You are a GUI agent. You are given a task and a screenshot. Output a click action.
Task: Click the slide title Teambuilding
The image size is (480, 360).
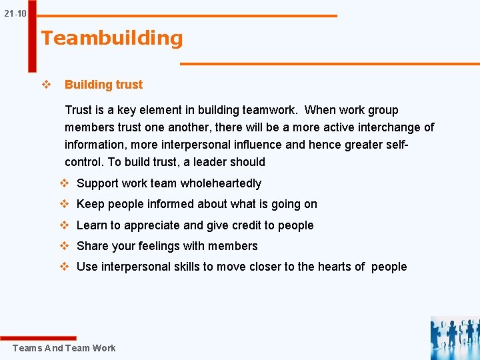point(111,39)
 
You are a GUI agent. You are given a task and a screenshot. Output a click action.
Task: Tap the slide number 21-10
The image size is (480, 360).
point(15,13)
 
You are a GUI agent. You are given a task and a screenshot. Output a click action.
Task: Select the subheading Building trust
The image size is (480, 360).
point(103,85)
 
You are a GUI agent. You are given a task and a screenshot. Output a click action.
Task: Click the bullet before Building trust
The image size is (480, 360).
point(47,85)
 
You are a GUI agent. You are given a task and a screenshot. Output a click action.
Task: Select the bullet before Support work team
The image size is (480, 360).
point(65,183)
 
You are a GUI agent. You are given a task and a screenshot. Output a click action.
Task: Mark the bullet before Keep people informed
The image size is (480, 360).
point(65,204)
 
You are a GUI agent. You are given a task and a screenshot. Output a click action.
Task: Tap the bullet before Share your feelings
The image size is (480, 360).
point(65,246)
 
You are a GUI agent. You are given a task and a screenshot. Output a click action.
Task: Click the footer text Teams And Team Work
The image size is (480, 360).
point(64,348)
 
